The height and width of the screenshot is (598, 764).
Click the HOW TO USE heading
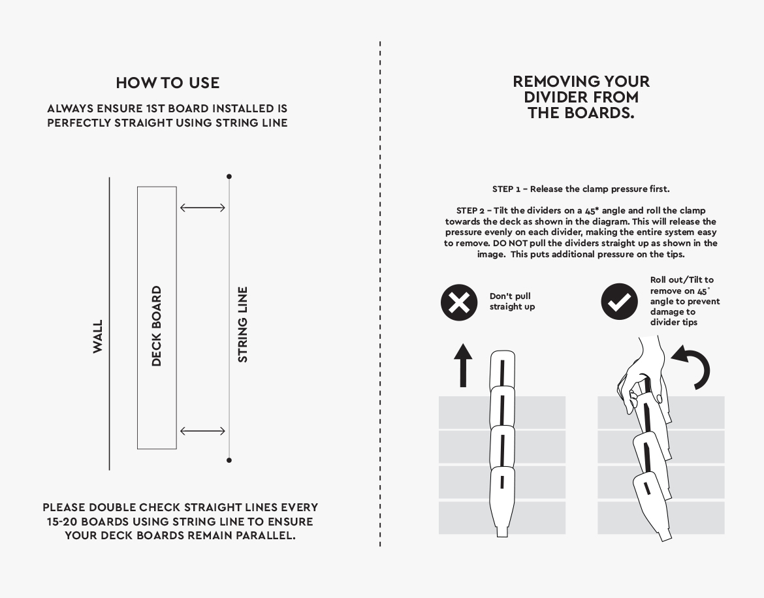[167, 83]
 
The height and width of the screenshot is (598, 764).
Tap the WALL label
[98, 336]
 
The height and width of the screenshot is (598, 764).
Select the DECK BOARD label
[156, 326]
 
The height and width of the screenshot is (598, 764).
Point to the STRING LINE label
[242, 324]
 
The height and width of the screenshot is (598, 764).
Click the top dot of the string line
[229, 176]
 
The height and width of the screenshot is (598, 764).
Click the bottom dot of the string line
[229, 460]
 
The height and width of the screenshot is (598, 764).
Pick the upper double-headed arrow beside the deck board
[202, 208]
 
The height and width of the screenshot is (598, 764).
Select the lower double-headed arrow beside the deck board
[202, 431]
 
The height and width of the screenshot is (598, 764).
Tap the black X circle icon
[460, 302]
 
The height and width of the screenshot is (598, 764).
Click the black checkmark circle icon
[619, 302]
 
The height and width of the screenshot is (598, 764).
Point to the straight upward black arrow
[463, 366]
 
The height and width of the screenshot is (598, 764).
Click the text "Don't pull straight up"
[512, 302]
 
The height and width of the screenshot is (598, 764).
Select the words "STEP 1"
[506, 189]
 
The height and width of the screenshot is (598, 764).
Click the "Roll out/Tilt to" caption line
[682, 280]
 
